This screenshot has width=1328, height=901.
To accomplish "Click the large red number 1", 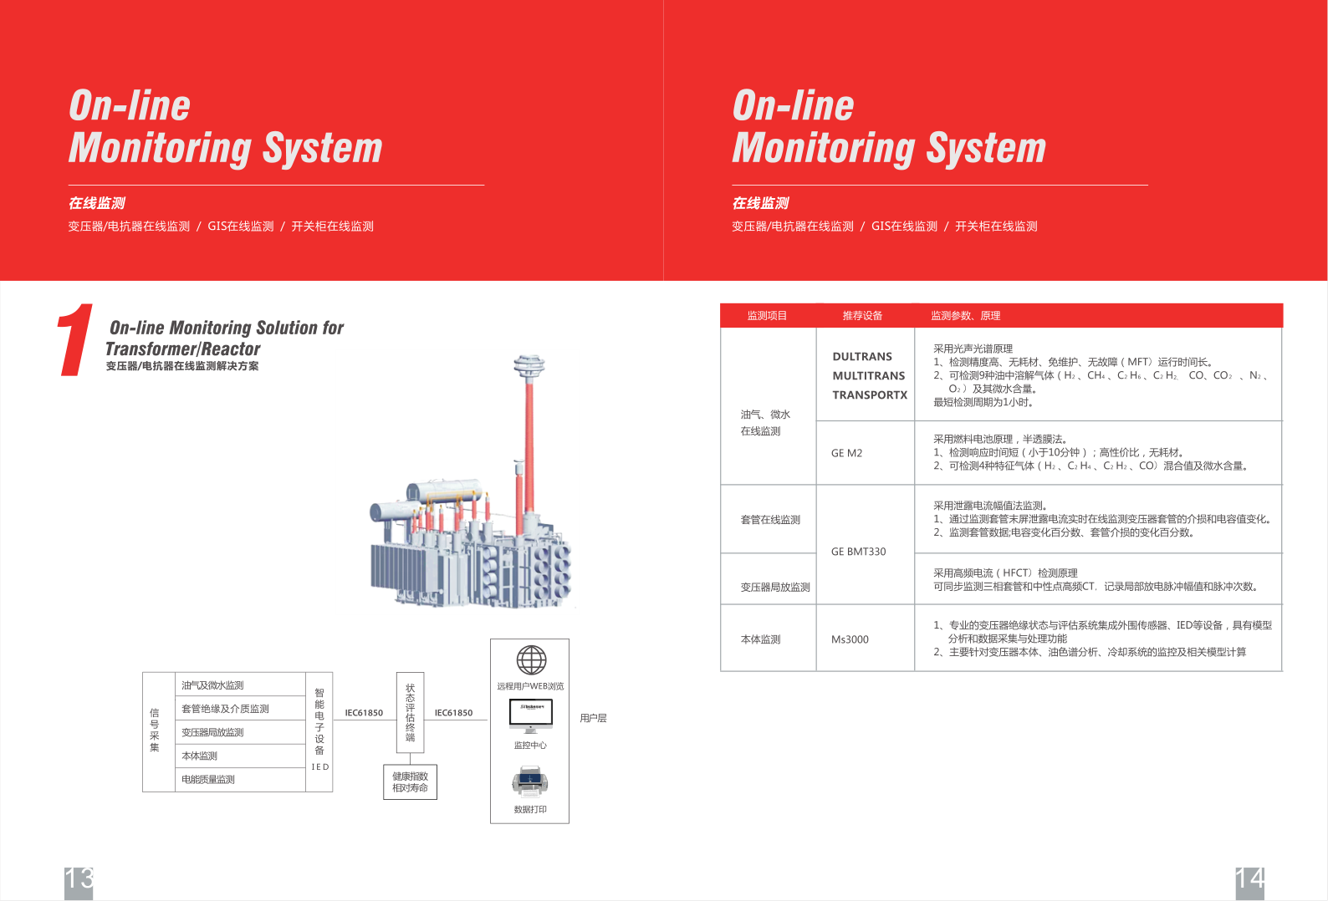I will [x=75, y=340].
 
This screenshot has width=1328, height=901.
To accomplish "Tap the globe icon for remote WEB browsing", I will [x=531, y=660].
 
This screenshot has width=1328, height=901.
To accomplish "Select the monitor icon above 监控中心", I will [x=531, y=715].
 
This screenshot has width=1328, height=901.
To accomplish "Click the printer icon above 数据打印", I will [x=530, y=782].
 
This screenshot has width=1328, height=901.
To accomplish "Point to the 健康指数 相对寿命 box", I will [x=410, y=782].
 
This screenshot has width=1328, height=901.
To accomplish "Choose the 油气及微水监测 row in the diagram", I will [x=239, y=685].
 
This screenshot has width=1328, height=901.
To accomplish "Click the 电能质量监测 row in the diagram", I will [x=239, y=780].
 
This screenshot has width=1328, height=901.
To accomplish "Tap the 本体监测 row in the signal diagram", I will [x=239, y=756].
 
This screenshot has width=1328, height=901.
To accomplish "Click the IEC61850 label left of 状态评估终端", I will [x=364, y=713].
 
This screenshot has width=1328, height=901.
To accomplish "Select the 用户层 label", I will [x=593, y=718].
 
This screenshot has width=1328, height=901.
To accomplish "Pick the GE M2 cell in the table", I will [x=846, y=453].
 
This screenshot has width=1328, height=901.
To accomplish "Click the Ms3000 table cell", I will [x=850, y=639].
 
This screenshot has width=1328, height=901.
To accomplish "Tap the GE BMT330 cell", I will [x=858, y=552].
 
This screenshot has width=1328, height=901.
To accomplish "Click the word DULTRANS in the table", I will [x=862, y=357].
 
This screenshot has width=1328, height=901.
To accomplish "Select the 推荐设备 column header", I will [x=862, y=316].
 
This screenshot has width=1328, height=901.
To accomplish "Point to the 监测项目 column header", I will [x=767, y=316].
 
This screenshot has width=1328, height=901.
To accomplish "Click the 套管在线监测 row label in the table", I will [x=770, y=520].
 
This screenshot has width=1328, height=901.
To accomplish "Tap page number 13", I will [x=79, y=880].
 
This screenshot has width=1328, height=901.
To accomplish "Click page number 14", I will [x=1249, y=880].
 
